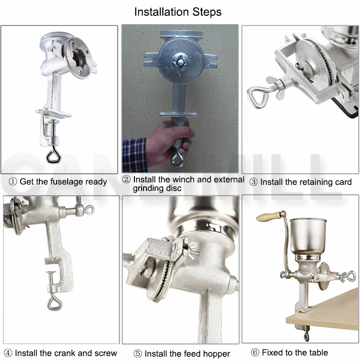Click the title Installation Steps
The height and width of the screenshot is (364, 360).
(178, 12)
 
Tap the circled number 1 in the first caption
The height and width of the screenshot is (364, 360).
(13, 182)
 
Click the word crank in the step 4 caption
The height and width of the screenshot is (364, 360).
(65, 353)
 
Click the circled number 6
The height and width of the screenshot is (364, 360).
(255, 352)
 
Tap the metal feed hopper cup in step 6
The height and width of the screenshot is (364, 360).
(308, 236)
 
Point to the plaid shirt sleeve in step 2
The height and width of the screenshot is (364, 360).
(134, 155)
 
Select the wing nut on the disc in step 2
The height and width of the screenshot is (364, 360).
(180, 62)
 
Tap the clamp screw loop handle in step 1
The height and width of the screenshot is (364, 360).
(53, 156)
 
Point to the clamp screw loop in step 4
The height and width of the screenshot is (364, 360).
(55, 303)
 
